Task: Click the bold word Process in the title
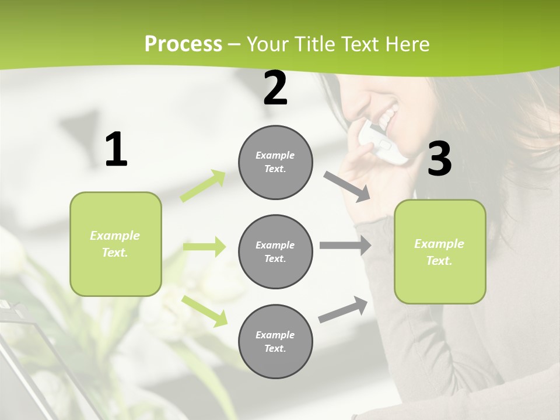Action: click(x=183, y=44)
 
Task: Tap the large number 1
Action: click(x=116, y=149)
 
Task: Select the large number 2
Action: click(x=275, y=88)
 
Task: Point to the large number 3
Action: click(x=439, y=159)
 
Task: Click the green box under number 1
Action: click(x=116, y=244)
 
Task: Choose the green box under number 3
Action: click(x=440, y=251)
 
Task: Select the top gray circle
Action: click(x=275, y=162)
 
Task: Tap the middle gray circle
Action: click(x=275, y=251)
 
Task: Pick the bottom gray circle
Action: click(x=275, y=341)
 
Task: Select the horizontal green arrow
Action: click(x=204, y=247)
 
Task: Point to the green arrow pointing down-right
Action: click(x=205, y=311)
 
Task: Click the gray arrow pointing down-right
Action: click(x=347, y=187)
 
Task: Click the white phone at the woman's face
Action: click(x=383, y=142)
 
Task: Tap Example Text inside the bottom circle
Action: click(x=275, y=341)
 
